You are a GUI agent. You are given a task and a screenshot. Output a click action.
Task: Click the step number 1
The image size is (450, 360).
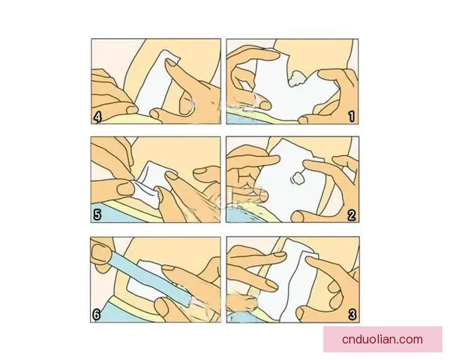coord(351,116)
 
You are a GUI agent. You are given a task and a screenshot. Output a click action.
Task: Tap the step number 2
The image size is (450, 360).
coord(351,214)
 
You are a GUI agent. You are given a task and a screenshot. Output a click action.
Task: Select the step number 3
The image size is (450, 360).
coord(352,315)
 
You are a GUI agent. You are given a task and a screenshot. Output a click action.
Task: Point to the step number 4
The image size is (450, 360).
coord(97,116)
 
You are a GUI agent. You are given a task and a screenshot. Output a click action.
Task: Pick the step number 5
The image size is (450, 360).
coord(97,214)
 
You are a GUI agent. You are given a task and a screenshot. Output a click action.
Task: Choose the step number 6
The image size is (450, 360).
coord(97,315)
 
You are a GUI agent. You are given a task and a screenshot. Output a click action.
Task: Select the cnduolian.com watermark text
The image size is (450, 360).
coord(382,339)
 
